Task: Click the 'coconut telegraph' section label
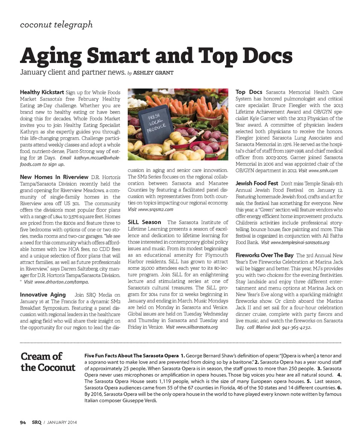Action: tap(56, 25)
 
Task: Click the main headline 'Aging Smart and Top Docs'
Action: tap(156, 55)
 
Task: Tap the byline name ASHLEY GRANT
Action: tap(153, 73)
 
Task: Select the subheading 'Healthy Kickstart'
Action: tap(42, 92)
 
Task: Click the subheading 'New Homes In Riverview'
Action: tap(54, 177)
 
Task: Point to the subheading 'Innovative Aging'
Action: tap(43, 295)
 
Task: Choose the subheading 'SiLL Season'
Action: tap(144, 222)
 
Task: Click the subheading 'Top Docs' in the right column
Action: tap(249, 92)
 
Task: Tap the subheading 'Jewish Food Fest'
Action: tap(257, 183)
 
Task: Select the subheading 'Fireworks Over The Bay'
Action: tap(264, 255)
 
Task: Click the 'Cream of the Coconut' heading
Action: tap(48, 361)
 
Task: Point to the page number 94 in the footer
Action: tap(23, 423)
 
